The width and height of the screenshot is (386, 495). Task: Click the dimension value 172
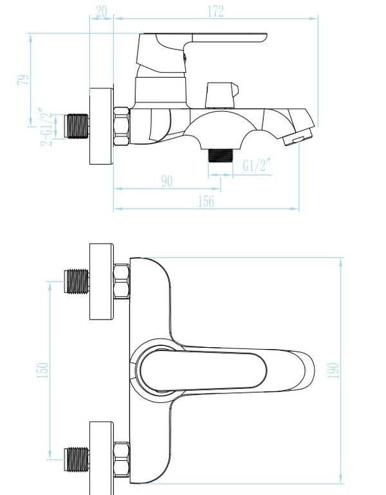coord(216,12)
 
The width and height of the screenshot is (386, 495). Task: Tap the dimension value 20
coord(102,12)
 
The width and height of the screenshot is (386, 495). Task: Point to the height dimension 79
coord(23,80)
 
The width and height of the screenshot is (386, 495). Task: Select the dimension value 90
coord(167,181)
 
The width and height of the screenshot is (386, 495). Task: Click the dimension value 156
coord(206,201)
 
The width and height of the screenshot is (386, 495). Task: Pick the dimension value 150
coord(42,370)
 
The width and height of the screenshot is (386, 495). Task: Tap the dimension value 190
coord(333,370)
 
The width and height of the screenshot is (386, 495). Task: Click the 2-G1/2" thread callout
coord(46,127)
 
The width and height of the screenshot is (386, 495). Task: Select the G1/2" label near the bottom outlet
coord(257,165)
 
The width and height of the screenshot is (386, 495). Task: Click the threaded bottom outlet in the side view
coord(221,156)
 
